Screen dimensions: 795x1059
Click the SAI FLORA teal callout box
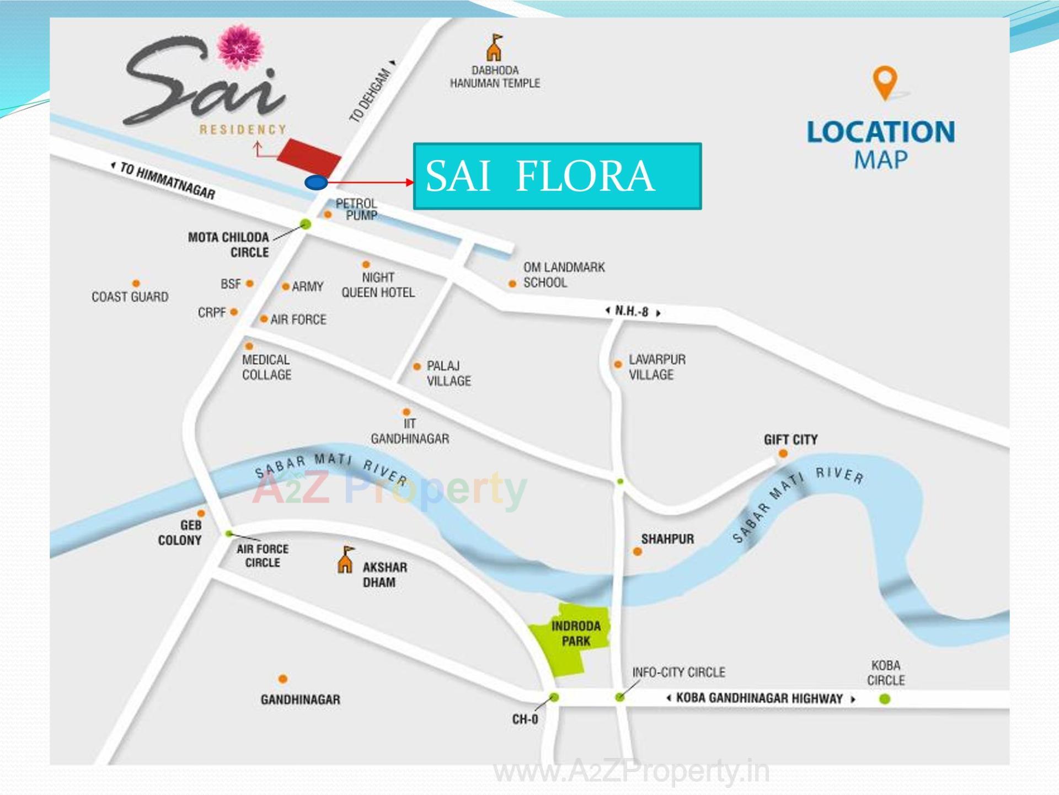pyautogui.click(x=557, y=176)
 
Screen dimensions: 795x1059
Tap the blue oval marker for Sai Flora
pyautogui.click(x=316, y=182)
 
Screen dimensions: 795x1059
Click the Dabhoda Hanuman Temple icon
pyautogui.click(x=494, y=48)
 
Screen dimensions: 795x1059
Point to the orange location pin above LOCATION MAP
pyautogui.click(x=884, y=82)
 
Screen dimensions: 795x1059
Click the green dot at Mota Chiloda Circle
pyautogui.click(x=306, y=224)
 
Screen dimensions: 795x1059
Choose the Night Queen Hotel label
pyautogui.click(x=378, y=285)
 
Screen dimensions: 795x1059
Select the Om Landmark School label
pyautogui.click(x=563, y=275)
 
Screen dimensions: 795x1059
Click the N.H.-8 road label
pyautogui.click(x=632, y=311)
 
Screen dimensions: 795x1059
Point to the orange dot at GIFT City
pyautogui.click(x=783, y=453)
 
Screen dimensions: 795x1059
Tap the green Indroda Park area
pyautogui.click(x=571, y=640)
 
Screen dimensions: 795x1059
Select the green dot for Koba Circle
pyautogui.click(x=884, y=699)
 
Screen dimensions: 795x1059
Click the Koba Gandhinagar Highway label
pyautogui.click(x=760, y=698)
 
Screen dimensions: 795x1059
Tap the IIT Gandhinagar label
pyautogui.click(x=409, y=431)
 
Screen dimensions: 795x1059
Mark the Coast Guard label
pyautogui.click(x=130, y=297)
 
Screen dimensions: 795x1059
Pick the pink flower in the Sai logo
pyautogui.click(x=240, y=47)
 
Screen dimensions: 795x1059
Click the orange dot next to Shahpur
pyautogui.click(x=637, y=551)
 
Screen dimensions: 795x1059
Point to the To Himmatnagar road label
pyautogui.click(x=166, y=180)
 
